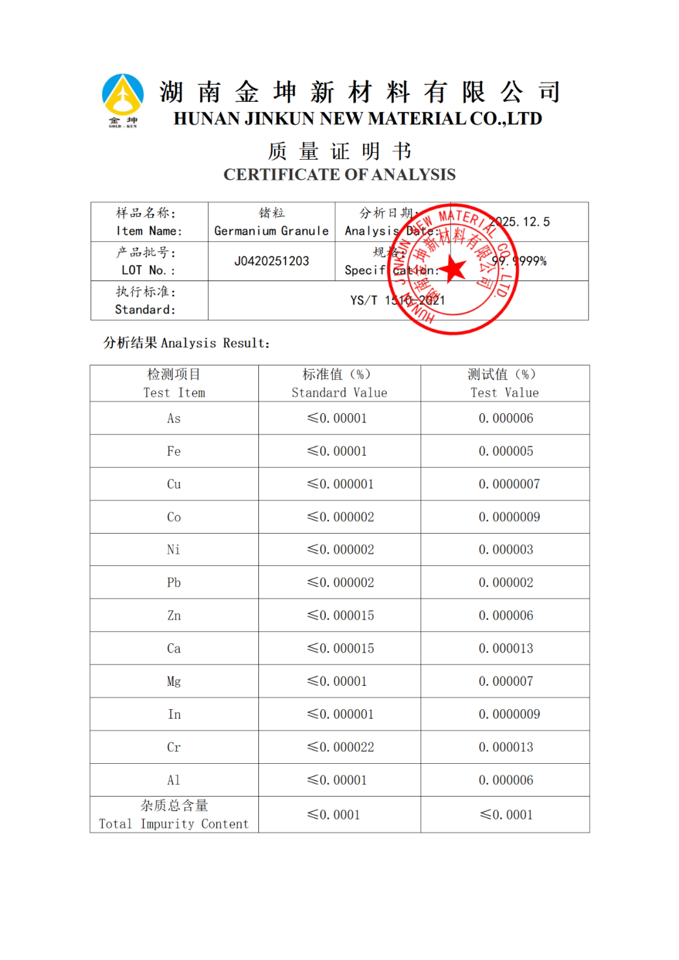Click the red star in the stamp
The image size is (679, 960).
[453, 268]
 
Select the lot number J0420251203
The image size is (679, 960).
[272, 261]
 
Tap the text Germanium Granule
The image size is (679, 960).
[272, 231]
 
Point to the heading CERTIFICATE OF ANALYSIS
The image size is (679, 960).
[339, 175]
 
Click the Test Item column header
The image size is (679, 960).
[174, 383]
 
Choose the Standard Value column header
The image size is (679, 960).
[339, 383]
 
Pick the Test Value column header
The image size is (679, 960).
[504, 383]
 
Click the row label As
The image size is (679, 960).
[174, 419]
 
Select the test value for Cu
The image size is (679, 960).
[509, 484]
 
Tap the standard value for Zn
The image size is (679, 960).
[340, 615]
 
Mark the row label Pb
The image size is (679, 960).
[174, 583]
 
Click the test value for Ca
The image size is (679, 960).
[505, 648]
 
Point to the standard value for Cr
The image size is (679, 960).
[340, 747]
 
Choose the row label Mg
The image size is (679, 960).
[174, 681]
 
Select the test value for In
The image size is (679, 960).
[509, 714]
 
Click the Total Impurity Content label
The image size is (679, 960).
[174, 815]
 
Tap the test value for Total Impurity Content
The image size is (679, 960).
[506, 815]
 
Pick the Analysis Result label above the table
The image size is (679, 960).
[187, 343]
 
